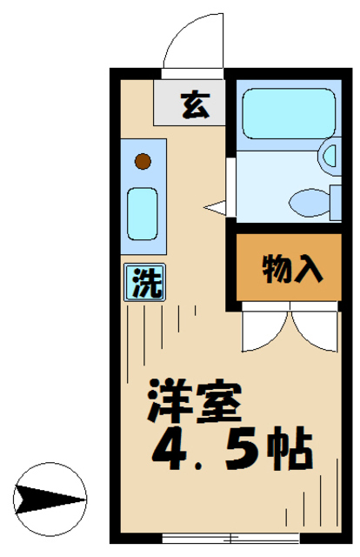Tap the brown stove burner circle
pos(143,161)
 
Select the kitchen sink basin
pos(143,213)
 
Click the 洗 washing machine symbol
pos(145,283)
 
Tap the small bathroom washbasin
pos(331,157)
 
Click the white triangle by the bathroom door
pos(215,206)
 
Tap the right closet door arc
pos(310,331)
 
